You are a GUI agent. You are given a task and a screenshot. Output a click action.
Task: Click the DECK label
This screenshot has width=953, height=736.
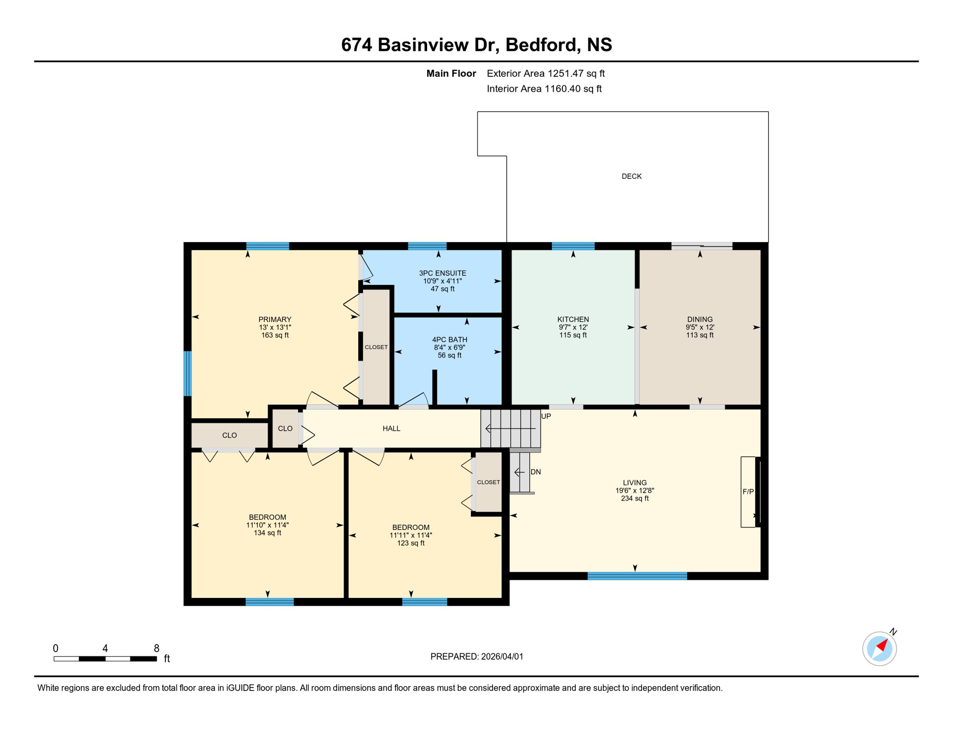631,176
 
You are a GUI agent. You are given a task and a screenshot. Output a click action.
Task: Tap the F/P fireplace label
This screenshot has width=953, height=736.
748,492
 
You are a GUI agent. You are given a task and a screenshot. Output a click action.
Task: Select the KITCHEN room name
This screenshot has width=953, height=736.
573,319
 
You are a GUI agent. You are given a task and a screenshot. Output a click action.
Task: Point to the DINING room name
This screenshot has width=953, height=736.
699,319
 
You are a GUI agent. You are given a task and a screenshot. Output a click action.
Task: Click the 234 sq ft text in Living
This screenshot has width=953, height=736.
635,498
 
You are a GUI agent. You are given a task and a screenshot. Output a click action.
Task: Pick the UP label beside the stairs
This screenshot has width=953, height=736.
546,416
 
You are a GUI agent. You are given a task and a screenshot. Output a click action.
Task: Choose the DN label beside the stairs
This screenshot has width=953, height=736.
535,472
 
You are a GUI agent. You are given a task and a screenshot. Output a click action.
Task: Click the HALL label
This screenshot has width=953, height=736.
391,428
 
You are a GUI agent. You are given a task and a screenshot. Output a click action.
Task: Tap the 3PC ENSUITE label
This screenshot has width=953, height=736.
442,273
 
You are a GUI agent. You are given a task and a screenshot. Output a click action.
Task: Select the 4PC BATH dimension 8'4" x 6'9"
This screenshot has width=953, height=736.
449,347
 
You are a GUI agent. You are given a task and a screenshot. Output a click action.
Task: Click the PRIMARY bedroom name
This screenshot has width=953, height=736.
275,319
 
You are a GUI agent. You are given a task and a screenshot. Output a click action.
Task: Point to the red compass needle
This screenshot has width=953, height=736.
882,645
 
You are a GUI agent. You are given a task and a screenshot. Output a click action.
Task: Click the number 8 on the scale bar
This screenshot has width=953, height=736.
156,648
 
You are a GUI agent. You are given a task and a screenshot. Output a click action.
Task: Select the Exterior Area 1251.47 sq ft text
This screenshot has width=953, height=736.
546,73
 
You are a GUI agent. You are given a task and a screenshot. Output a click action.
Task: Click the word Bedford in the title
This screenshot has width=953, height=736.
540,45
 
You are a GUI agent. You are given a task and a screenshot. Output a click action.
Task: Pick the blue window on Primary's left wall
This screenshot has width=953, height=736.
188,374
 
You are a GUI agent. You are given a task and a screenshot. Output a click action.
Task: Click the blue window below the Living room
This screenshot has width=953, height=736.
637,576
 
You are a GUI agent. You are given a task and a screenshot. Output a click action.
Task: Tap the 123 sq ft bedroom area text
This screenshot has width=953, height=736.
410,543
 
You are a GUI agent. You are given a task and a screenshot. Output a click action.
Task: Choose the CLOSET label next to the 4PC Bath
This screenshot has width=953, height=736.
376,347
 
